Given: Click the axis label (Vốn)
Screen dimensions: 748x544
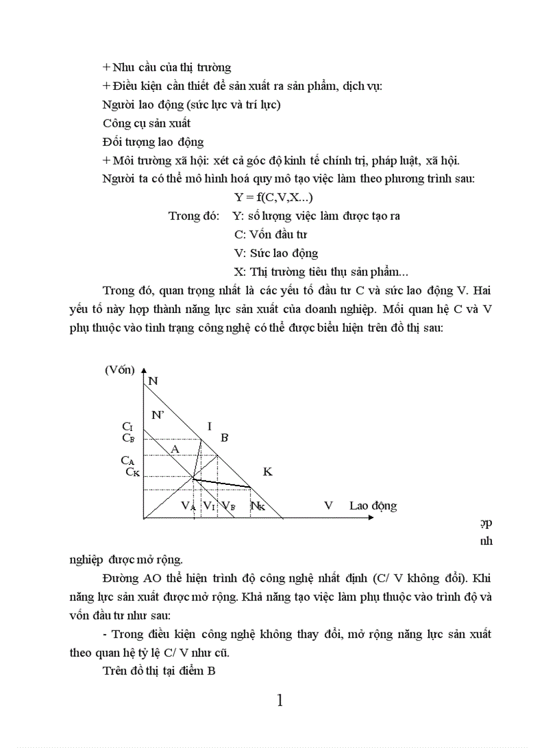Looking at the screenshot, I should (x=120, y=370).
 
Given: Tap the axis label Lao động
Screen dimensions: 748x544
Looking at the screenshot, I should (x=373, y=506).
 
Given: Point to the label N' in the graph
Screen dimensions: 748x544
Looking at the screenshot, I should (x=158, y=414).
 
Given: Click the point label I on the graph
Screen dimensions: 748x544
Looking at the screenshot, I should (x=209, y=426).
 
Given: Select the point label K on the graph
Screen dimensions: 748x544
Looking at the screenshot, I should (x=267, y=472).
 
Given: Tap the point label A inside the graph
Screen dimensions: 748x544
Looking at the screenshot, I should (x=175, y=449).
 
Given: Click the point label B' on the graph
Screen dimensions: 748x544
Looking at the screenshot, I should (x=225, y=438).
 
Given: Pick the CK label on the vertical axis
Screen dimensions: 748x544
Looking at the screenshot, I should (x=133, y=472).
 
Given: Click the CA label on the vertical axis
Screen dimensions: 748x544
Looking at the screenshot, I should (x=128, y=460).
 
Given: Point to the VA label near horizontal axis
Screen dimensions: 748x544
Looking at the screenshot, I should (x=189, y=506).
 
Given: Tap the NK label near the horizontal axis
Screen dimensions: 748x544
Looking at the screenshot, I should (x=257, y=506).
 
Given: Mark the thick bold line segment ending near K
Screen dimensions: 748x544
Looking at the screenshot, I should (x=222, y=483).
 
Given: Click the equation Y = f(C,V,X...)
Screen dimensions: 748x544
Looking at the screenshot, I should (x=273, y=197).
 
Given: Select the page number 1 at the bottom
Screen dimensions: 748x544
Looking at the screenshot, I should (x=279, y=700).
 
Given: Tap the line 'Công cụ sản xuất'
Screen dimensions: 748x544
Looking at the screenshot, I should (x=147, y=123).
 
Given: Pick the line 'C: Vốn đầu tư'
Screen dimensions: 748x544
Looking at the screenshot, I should (x=271, y=234).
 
